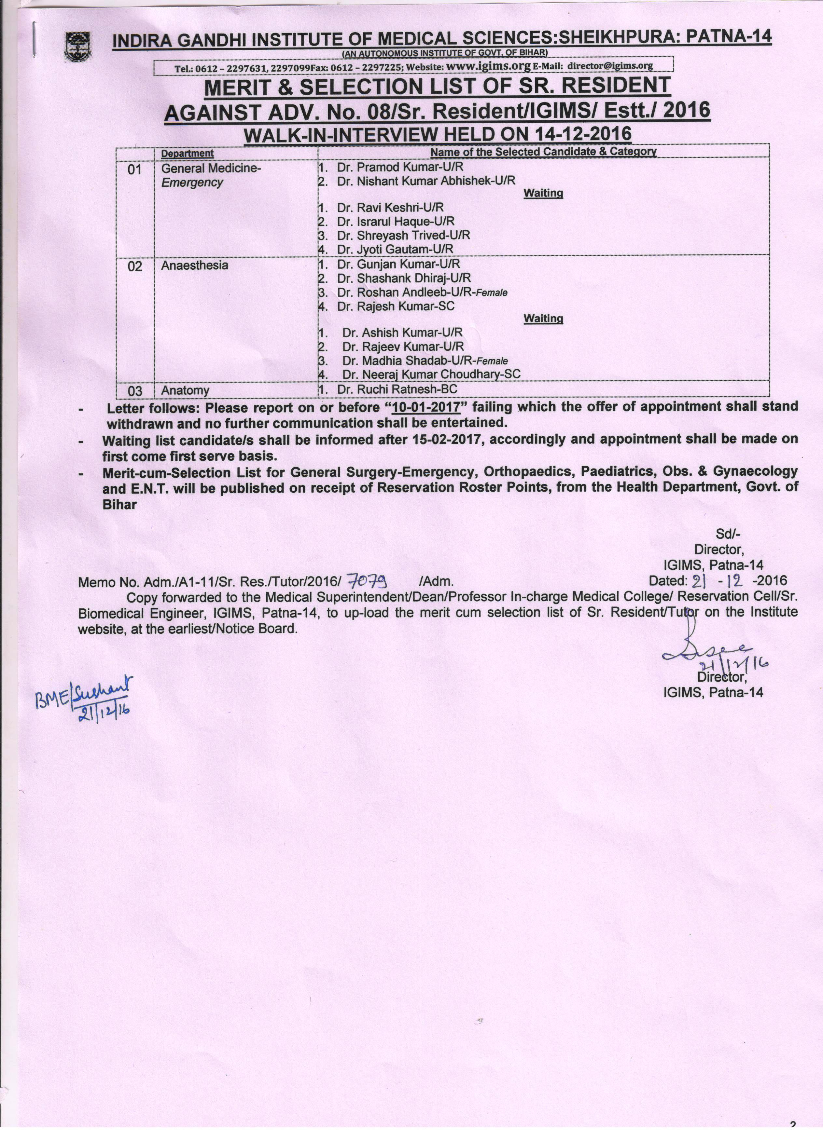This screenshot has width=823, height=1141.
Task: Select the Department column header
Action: click(x=187, y=153)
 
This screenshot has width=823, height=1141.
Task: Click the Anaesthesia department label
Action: click(x=194, y=265)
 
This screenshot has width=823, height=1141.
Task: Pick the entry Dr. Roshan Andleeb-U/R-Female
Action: click(x=422, y=292)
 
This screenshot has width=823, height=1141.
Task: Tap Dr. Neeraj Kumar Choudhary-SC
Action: click(x=431, y=374)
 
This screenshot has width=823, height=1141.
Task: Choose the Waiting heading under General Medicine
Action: click(x=543, y=193)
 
